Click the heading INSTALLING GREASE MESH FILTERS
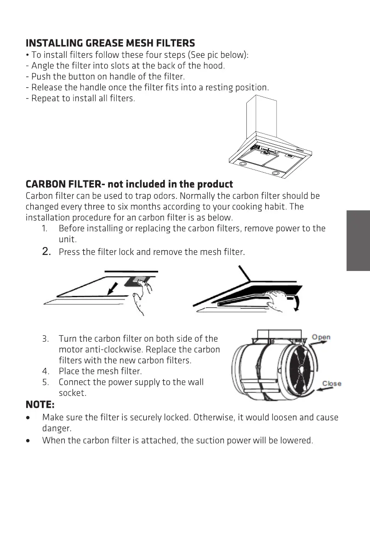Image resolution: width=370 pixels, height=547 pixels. [110, 43]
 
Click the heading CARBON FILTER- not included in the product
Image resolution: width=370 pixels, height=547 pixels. [129, 184]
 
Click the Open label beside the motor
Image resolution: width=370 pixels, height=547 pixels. [321, 337]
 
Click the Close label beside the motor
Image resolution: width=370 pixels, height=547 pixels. [331, 383]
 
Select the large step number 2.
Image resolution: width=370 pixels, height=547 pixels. [46, 252]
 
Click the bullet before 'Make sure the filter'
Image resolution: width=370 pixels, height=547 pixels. [29, 418]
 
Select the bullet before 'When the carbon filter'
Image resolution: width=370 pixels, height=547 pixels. [29, 441]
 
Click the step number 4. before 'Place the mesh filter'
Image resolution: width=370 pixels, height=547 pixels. [46, 371]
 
